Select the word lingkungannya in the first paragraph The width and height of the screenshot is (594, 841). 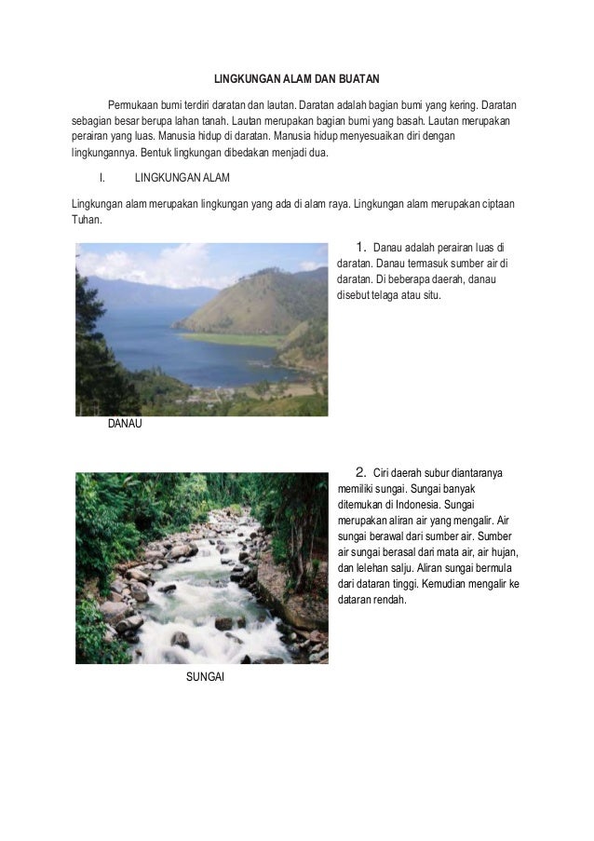[103, 152]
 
